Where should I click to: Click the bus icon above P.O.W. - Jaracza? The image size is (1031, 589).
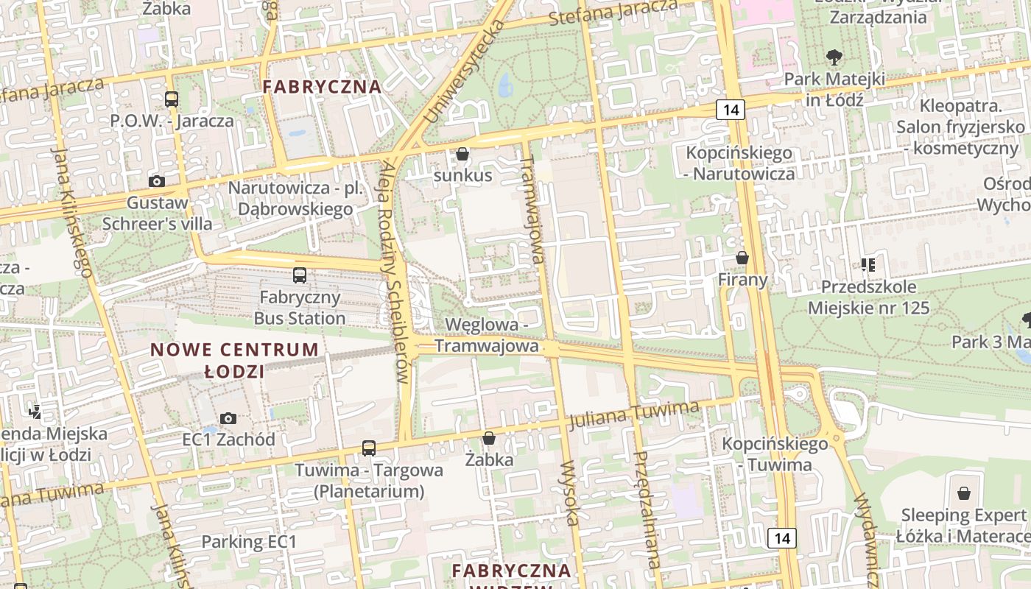click(172, 99)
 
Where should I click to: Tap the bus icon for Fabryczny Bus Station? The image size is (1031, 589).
click(300, 275)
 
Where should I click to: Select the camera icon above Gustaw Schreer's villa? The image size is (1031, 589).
click(156, 181)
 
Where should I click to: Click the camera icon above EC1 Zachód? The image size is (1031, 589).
click(228, 418)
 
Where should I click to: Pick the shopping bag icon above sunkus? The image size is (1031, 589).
click(462, 154)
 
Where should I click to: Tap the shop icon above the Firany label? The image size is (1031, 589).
click(742, 258)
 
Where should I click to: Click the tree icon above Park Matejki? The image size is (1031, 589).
click(834, 57)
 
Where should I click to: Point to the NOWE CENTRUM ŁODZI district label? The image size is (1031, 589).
click(235, 360)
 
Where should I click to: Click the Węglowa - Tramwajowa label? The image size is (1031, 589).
click(486, 335)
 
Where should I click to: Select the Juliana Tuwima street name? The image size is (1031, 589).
click(633, 415)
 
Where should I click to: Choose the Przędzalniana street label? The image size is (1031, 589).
click(646, 508)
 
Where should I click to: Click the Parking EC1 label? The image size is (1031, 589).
click(249, 543)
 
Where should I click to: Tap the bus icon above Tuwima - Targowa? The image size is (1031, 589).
click(369, 448)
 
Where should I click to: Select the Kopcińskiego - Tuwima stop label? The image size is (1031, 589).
click(775, 454)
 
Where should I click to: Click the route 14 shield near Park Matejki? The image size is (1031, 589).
click(731, 110)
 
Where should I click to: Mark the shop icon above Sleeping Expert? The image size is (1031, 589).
click(963, 493)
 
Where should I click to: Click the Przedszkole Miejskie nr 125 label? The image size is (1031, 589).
click(869, 297)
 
